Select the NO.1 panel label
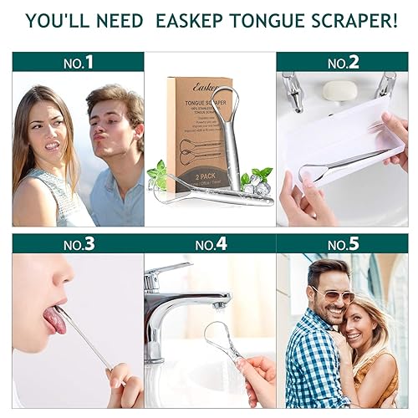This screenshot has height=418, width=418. coord(78,62)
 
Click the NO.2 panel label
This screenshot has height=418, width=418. coord(343,62)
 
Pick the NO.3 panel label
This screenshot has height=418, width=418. coord(78,243)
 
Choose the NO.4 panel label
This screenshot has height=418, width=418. coord(210,243)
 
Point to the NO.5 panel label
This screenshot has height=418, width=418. coord(343,243)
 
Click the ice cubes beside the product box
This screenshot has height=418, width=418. coord(256,187)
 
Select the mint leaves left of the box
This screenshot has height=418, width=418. coord(157,173)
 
